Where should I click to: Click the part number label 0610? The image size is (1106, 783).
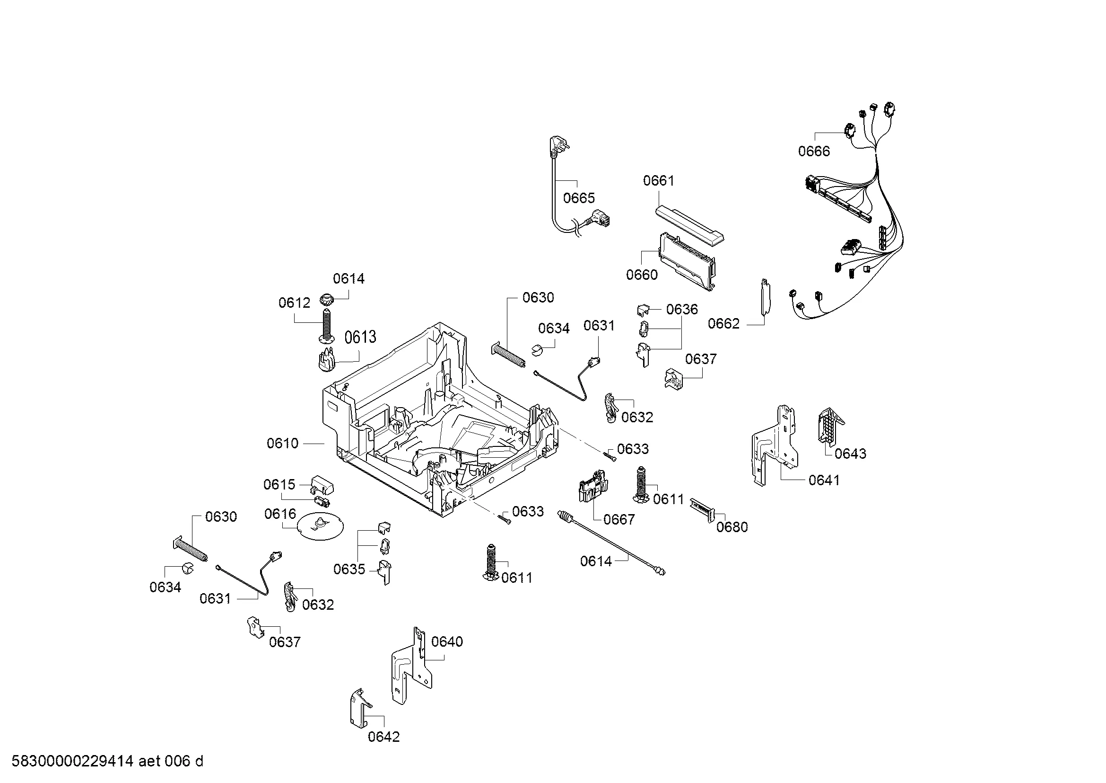(282, 443)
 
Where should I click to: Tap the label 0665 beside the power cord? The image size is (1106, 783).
(579, 198)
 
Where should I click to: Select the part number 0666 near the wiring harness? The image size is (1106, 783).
(814, 151)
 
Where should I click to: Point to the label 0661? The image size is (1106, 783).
(659, 181)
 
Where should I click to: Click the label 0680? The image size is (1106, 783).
(732, 527)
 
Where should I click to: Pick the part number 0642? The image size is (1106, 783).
(384, 737)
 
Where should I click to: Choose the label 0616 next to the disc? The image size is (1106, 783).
(280, 514)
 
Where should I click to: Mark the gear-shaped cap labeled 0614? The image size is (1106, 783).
(327, 299)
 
